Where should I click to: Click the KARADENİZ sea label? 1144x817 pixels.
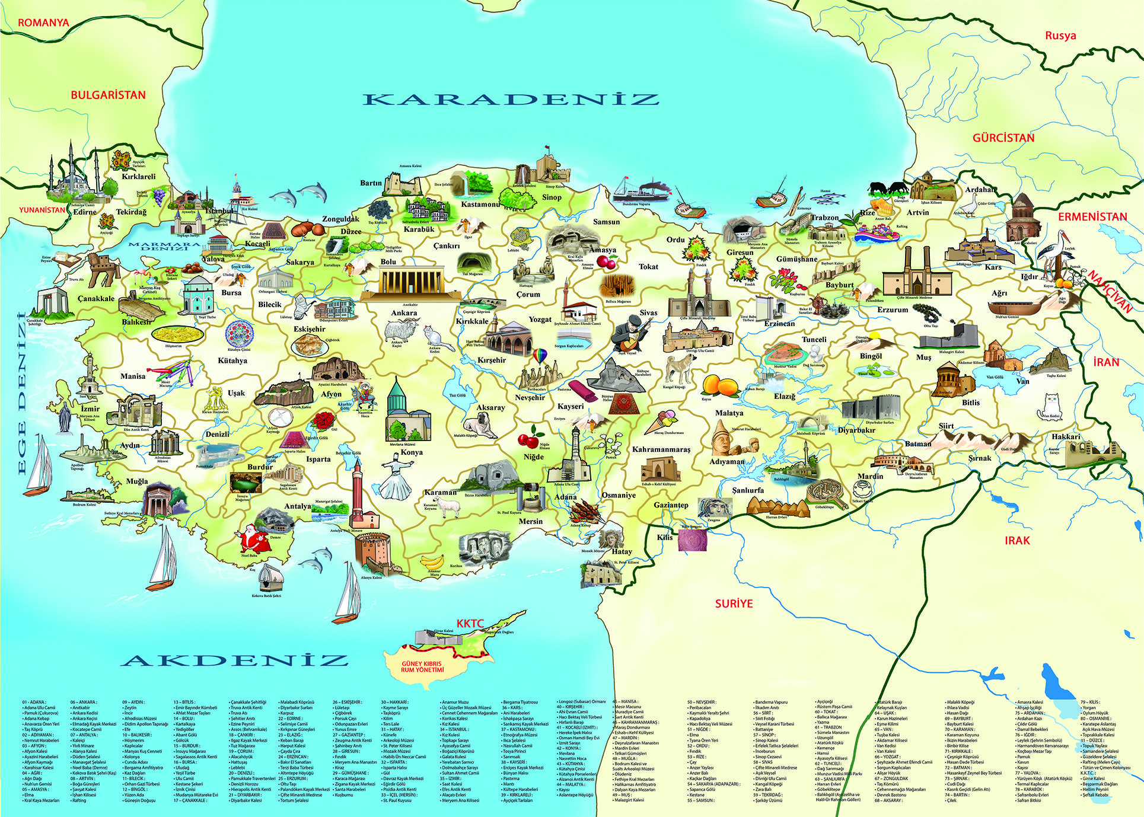click(511, 99)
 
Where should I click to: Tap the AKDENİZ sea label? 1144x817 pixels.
click(235, 660)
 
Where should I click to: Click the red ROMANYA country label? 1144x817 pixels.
click(43, 23)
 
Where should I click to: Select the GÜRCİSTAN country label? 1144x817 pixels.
click(1003, 138)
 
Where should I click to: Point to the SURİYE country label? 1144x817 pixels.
click(734, 604)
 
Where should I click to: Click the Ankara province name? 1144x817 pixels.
click(404, 313)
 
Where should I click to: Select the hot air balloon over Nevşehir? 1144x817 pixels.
click(540, 357)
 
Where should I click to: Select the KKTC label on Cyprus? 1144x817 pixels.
click(470, 624)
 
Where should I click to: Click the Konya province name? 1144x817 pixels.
click(412, 452)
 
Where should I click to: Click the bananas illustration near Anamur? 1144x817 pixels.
click(432, 561)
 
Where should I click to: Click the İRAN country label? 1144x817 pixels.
click(1105, 362)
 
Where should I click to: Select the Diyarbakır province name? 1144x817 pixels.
click(856, 430)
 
